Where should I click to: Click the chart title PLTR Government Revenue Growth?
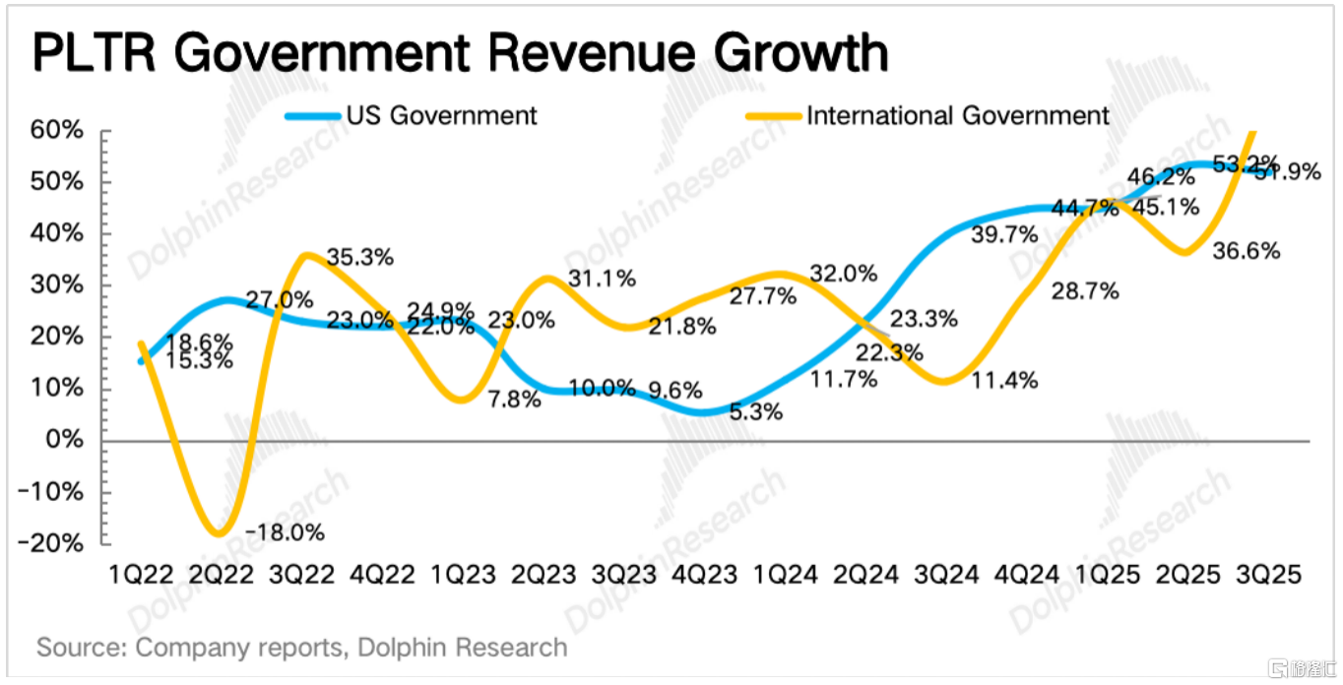(x=460, y=52)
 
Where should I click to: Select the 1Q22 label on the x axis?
(x=143, y=574)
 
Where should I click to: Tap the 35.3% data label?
(x=361, y=258)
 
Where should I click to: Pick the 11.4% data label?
(x=1004, y=380)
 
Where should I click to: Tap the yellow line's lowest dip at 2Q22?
(x=220, y=534)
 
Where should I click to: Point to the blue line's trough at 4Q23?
(x=700, y=413)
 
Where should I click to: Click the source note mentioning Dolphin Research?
(x=302, y=648)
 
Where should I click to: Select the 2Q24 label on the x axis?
(x=866, y=574)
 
